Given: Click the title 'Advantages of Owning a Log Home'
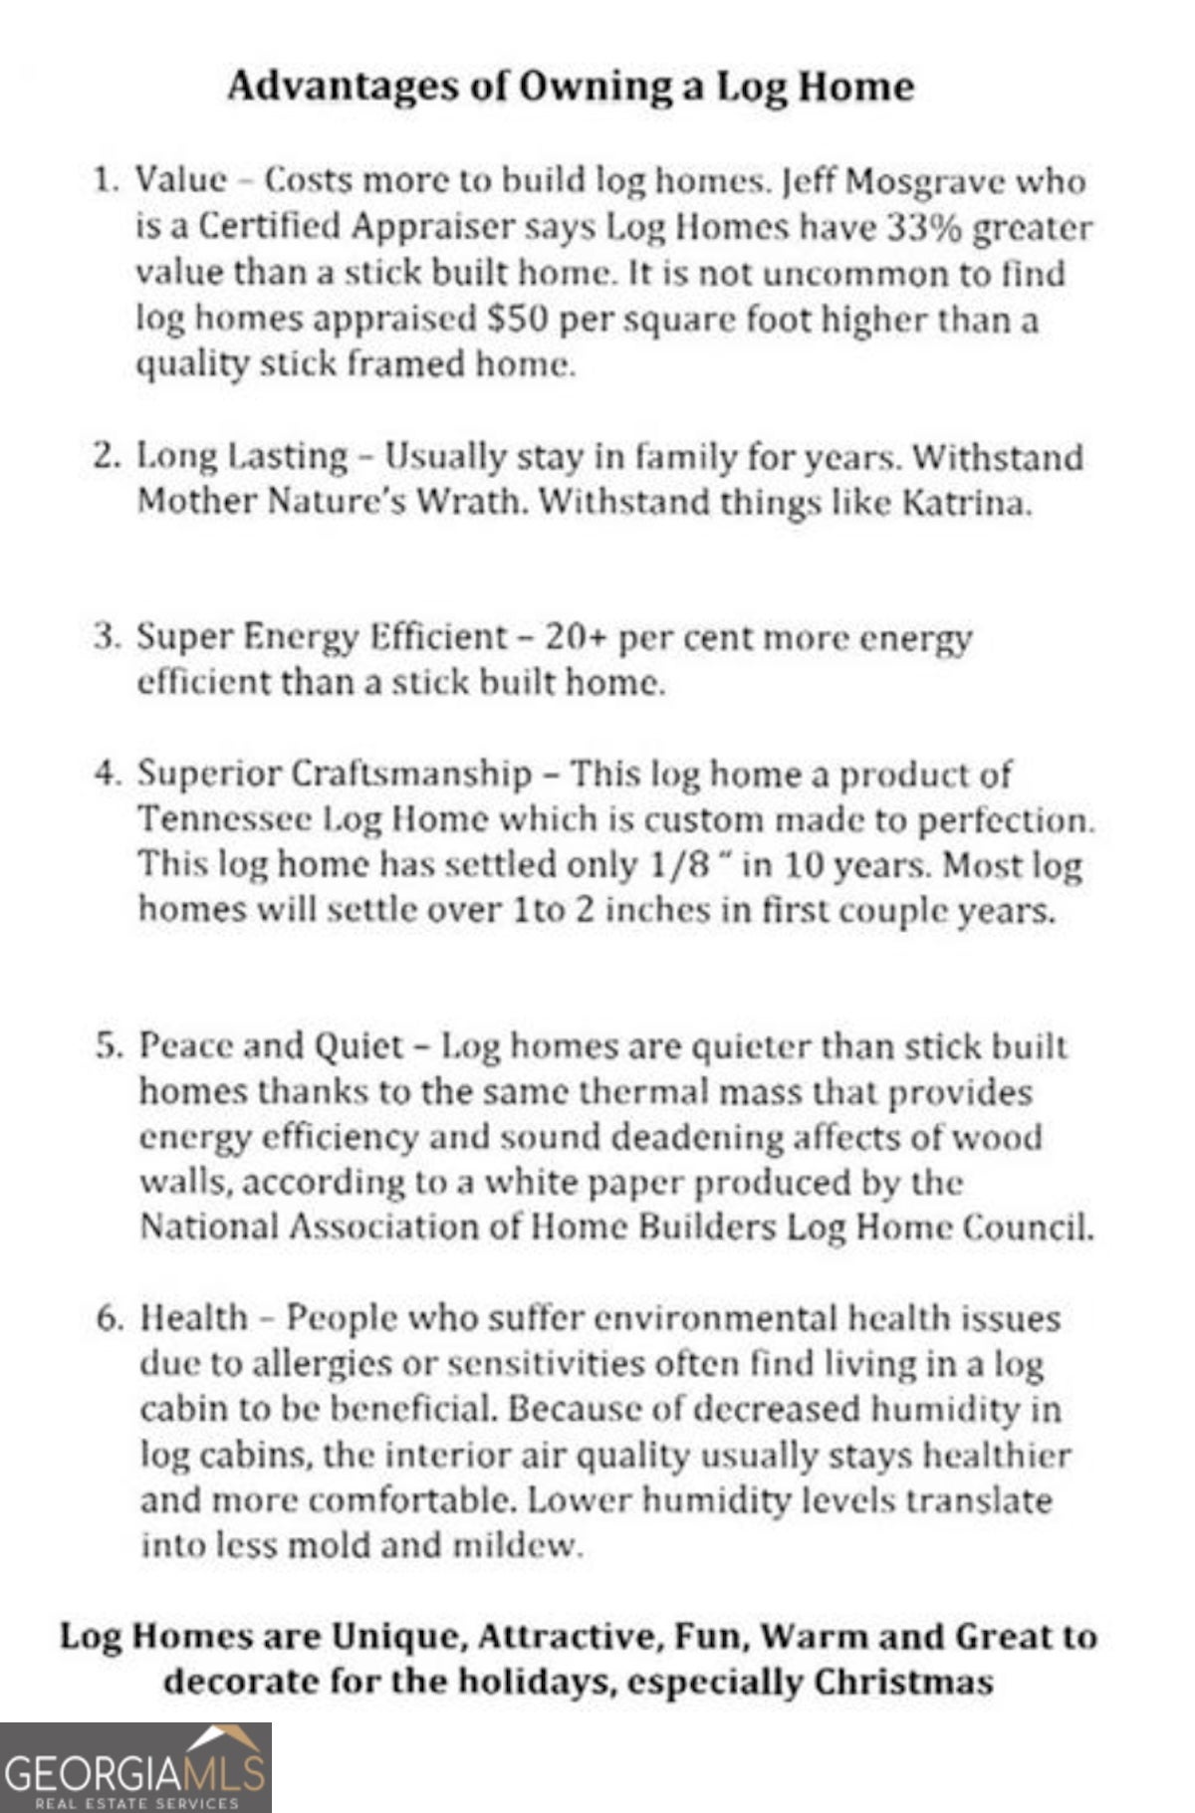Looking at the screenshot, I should point(571,87).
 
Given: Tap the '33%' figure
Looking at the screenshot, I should point(923,228).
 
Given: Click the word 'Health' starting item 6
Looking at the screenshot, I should point(193,1318).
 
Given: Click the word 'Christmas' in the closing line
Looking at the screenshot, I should point(904,1682).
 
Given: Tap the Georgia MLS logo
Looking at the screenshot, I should point(135,1767).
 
